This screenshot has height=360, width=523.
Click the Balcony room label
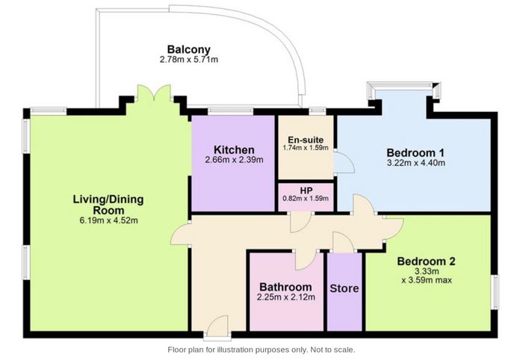189,49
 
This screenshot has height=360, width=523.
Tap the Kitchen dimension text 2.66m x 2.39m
234,160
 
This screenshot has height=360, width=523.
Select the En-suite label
306,140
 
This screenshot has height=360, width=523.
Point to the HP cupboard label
306,190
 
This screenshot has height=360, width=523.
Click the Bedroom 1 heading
415,153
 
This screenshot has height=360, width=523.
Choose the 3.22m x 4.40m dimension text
415,163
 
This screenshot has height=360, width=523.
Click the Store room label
344,288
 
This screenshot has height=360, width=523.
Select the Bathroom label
286,287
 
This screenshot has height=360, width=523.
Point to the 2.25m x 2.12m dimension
286,297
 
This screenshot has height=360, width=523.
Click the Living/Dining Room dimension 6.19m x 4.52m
109,220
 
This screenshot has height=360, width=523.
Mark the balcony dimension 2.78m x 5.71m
189,60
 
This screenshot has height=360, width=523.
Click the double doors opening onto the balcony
154,93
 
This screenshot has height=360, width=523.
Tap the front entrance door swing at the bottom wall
217,325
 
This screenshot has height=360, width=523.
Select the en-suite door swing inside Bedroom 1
344,162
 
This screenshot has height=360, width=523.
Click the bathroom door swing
305,260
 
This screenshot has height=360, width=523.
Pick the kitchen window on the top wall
230,111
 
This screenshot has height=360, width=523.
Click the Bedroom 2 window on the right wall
495,292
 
